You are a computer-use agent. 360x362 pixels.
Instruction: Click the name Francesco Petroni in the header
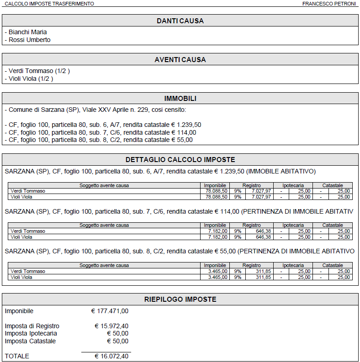pyautogui.click(x=328, y=4)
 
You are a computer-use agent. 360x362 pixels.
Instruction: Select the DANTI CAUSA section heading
pyautogui.click(x=180, y=21)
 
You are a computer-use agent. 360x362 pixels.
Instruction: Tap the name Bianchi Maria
pyautogui.click(x=27, y=32)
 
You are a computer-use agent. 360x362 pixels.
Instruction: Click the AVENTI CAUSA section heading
pyautogui.click(x=180, y=60)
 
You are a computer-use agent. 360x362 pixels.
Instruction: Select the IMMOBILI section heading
pyautogui.click(x=180, y=99)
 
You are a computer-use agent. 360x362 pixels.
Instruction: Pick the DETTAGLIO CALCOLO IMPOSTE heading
pyautogui.click(x=180, y=160)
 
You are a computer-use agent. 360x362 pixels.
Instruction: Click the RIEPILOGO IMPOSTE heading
pyautogui.click(x=180, y=299)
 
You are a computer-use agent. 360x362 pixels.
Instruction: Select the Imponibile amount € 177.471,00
pyautogui.click(x=110, y=311)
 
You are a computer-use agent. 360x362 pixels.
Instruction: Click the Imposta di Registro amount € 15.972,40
pyautogui.click(x=111, y=326)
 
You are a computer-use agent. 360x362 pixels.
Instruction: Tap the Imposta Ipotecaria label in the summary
pyautogui.click(x=31, y=334)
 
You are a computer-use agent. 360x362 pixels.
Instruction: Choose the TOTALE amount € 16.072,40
pyautogui.click(x=111, y=356)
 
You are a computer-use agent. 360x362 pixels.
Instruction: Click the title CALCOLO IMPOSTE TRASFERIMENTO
pyautogui.click(x=49, y=4)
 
